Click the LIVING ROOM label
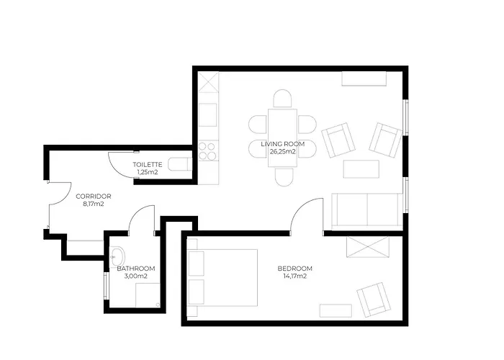point(282,144)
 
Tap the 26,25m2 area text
point(282,152)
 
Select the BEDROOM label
point(294,269)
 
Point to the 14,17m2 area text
point(294,276)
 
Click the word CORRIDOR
point(94,196)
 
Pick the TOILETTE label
point(148,165)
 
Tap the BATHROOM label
point(136,269)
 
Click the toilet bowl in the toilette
point(180,165)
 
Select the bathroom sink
point(117,257)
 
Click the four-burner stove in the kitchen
point(207,151)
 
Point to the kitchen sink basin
point(207,114)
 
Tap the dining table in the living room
point(282,138)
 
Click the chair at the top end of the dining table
point(282,99)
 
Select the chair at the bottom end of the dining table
point(284,177)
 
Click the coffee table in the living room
point(361,169)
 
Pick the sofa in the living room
point(366,212)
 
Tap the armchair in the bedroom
point(374,300)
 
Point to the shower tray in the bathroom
point(148,295)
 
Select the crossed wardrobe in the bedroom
point(368,246)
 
